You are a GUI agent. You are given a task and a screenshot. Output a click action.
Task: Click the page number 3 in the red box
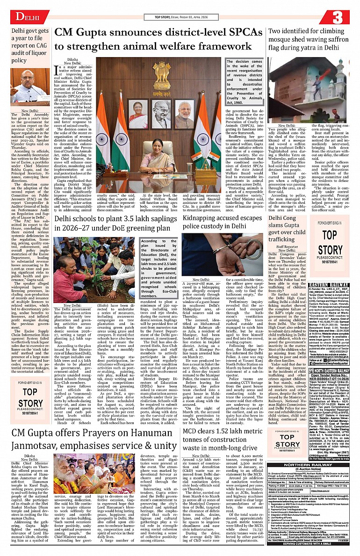pos(337,17)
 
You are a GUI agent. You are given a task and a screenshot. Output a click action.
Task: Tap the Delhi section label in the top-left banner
pos(27,17)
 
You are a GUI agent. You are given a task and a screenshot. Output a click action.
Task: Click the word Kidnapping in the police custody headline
pos(204,218)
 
